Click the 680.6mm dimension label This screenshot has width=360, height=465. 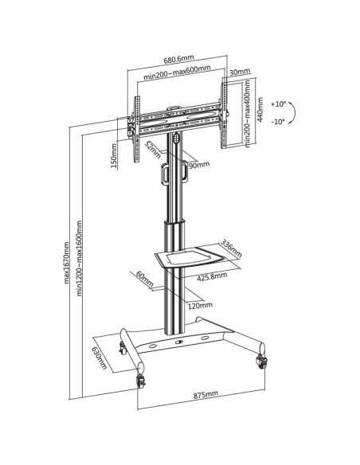tap(179, 59)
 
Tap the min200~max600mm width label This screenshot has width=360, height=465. tap(178, 73)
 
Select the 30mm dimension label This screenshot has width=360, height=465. tap(240, 72)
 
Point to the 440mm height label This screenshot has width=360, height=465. tap(260, 109)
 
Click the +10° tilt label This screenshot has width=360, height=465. tap(278, 104)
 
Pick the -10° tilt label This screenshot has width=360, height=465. tap(278, 122)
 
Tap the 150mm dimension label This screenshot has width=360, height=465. tap(114, 156)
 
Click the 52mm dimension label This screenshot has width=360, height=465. tap(152, 150)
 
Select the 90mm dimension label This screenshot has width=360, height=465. tap(199, 165)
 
